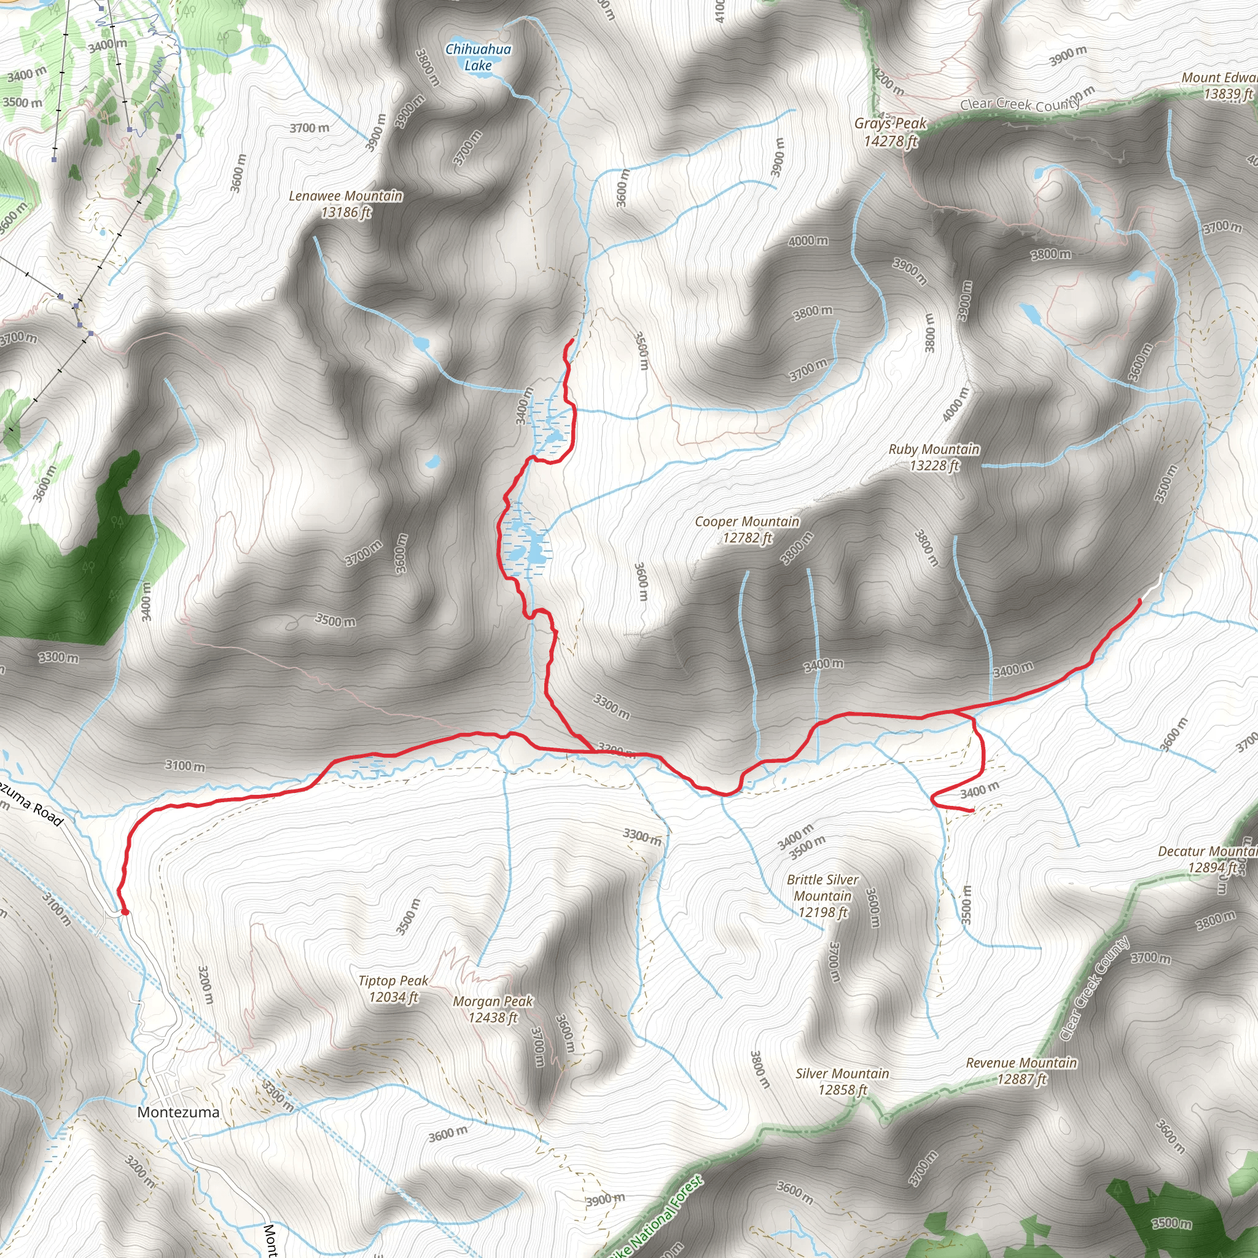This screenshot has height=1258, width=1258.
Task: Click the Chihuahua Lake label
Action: pos(478,57)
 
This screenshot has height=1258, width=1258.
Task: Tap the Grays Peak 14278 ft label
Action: pos(890,132)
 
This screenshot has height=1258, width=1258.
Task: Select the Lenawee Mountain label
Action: pos(346,204)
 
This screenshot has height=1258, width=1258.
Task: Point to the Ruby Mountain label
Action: pos(934,457)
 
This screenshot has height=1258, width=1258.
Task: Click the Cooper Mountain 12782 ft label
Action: pos(747,529)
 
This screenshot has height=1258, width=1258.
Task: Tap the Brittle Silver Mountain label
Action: pos(823,896)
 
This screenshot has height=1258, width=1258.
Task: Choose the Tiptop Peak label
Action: pos(393,988)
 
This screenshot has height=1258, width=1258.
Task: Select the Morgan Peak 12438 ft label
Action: pos(493,1009)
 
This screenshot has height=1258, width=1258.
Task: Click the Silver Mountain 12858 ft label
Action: pos(842,1082)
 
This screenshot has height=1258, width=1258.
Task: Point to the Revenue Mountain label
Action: pos(1021,1071)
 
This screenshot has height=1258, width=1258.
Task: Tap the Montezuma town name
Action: pos(178,1112)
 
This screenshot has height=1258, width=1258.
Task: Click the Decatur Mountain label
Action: pos(1208,859)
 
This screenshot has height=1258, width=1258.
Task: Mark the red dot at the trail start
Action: pos(125,912)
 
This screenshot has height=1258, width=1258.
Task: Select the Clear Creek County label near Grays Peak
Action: pos(1020,104)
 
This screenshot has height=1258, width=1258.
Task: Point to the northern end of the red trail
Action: pos(572,340)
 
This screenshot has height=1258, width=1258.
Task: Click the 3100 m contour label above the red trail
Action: pos(185,766)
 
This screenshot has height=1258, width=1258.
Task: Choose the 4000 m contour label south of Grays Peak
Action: pos(808,241)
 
